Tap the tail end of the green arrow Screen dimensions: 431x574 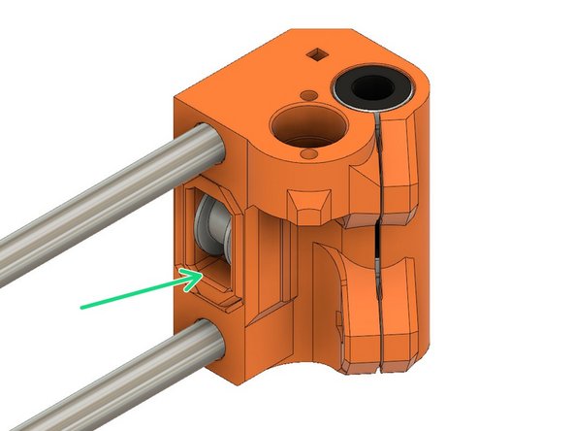pos(83,307)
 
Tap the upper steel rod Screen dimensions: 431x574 pos(107,198)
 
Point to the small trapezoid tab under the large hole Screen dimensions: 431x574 pos(308,207)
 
